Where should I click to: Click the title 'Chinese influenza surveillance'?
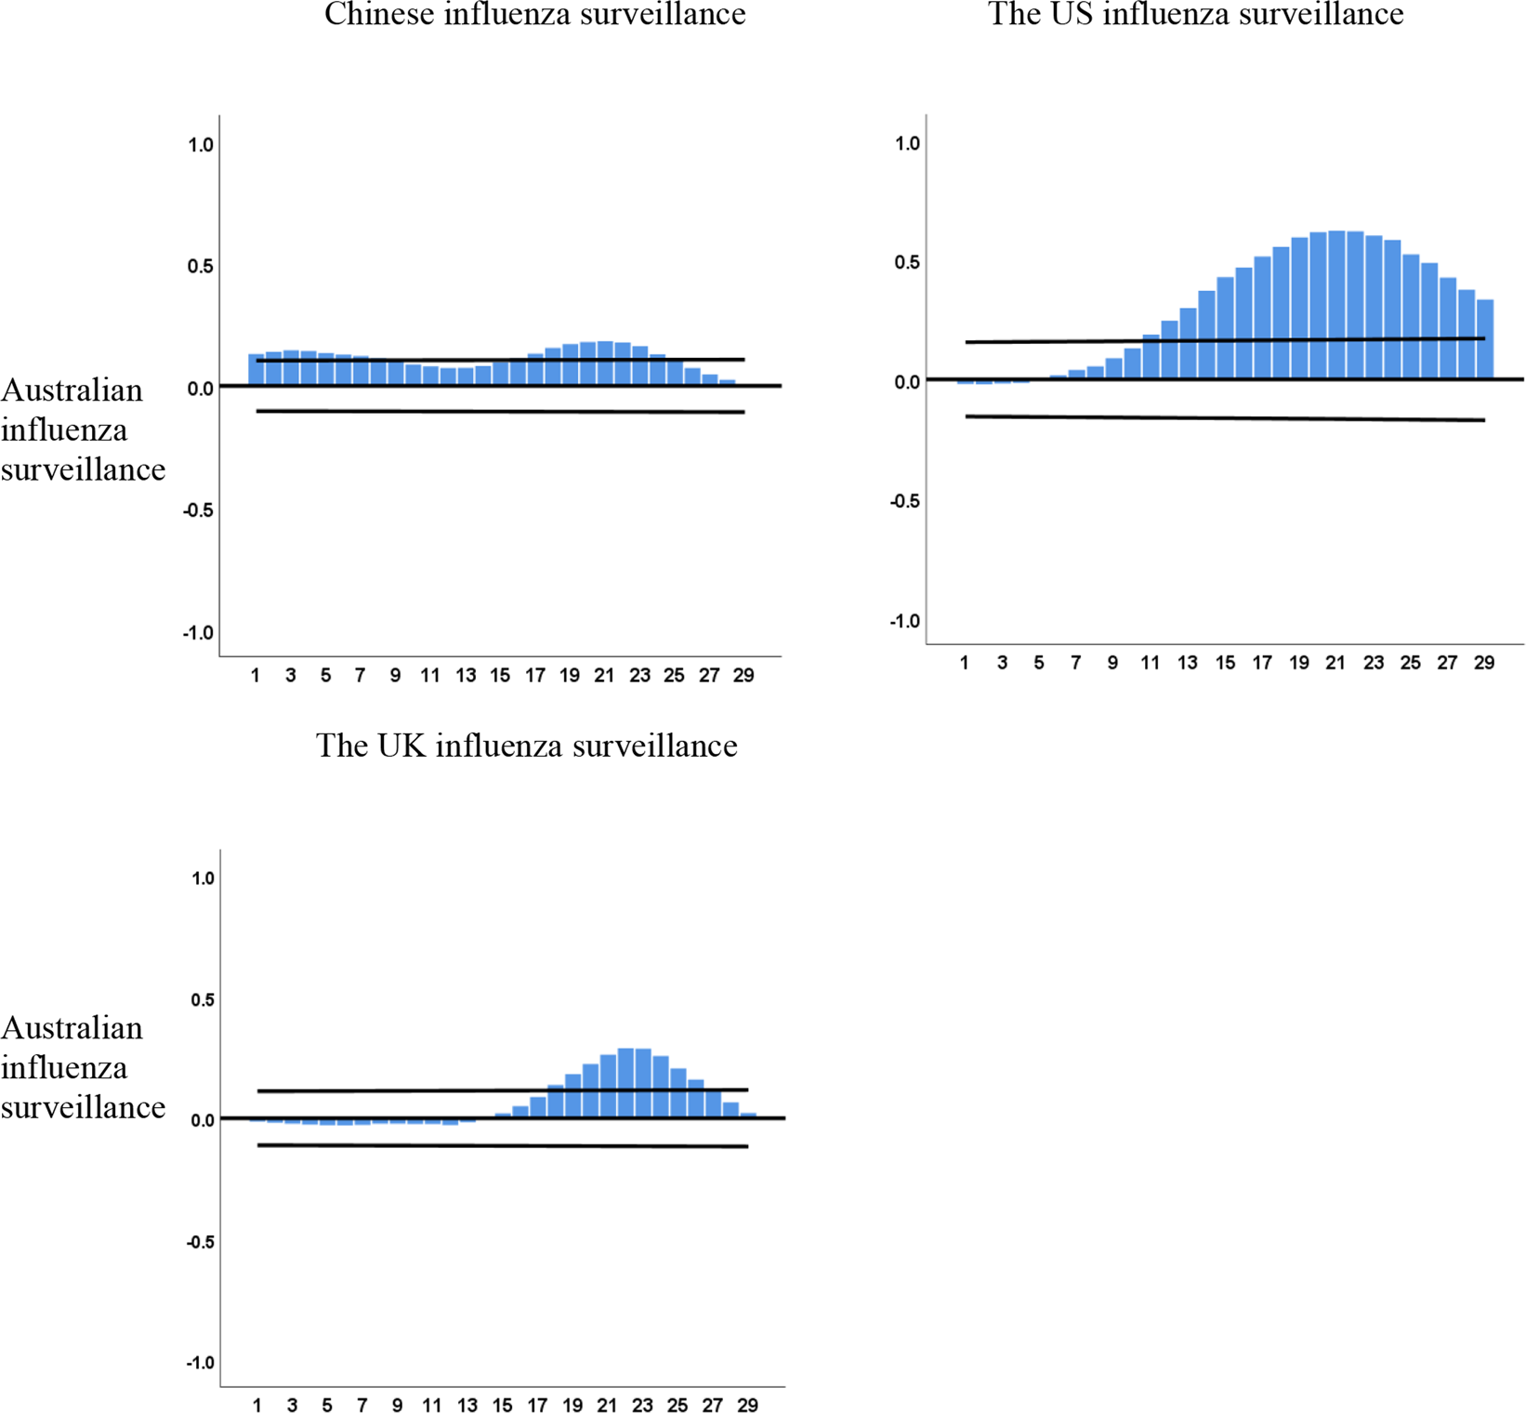(534, 14)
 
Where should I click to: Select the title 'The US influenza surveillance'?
(1195, 14)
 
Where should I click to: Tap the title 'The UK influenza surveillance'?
(526, 746)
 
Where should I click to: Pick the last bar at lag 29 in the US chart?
(1484, 339)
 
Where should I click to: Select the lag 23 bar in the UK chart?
(642, 1083)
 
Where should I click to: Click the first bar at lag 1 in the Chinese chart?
(256, 370)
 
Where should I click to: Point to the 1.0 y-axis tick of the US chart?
(906, 143)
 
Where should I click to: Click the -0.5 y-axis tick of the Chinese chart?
(198, 510)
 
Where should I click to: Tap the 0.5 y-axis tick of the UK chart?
(202, 999)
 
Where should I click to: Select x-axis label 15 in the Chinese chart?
(500, 676)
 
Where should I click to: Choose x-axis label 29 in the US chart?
(1483, 663)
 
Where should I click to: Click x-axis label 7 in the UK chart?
(362, 1406)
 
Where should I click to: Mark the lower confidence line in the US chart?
(1225, 418)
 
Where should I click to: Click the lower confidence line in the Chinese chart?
(500, 411)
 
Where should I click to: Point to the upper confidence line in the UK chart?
(502, 1089)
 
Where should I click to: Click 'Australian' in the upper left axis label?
(72, 390)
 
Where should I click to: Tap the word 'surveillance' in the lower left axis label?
(83, 1107)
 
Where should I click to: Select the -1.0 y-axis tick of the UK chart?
(200, 1363)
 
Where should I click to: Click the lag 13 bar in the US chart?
(1188, 343)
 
